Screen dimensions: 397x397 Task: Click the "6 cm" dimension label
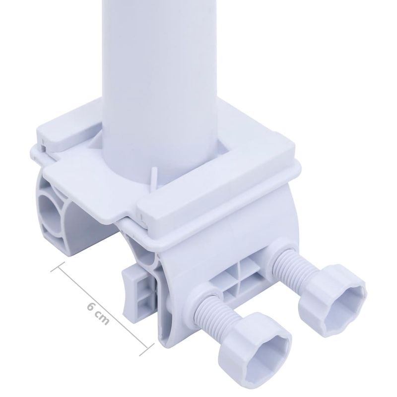(x=98, y=312)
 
